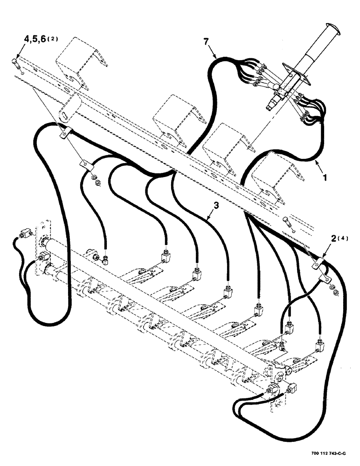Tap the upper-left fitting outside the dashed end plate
tap(25, 233)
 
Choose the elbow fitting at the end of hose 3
tap(228, 293)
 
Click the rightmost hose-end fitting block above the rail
tap(320, 345)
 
